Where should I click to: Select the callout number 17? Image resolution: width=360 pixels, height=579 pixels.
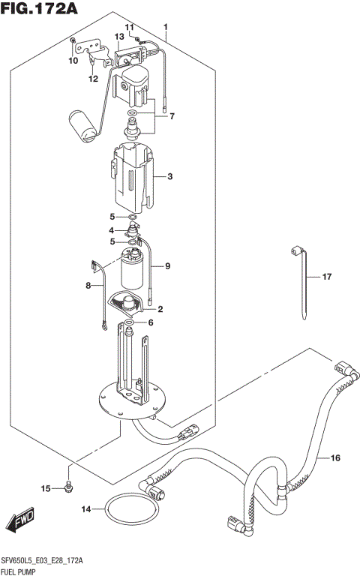point(326,277)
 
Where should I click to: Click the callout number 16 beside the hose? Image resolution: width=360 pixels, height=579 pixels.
point(334,457)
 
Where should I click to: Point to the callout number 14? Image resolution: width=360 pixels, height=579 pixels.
point(85,510)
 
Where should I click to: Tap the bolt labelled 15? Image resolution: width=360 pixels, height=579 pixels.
point(68,487)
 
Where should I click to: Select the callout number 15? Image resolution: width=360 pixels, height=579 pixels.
point(45,489)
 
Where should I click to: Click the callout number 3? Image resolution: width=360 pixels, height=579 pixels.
point(170,177)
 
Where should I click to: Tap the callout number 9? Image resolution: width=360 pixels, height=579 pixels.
point(168,265)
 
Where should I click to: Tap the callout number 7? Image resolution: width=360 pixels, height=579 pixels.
point(171,116)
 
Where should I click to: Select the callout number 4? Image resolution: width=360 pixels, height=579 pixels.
point(111,229)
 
